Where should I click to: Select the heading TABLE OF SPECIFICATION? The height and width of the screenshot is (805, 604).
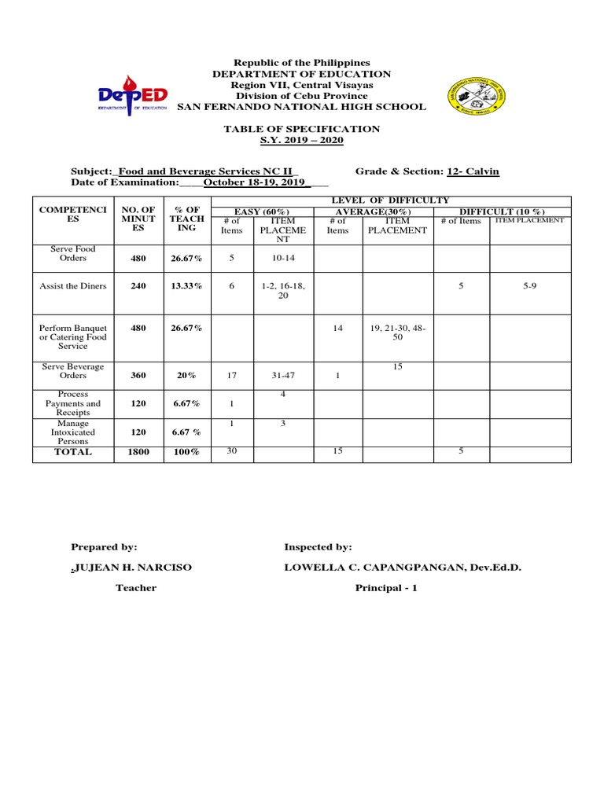pos(302,129)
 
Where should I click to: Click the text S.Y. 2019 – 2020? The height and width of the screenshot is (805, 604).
pos(302,140)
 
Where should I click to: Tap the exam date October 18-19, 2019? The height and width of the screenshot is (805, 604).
pos(255,182)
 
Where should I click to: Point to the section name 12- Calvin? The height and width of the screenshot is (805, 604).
pos(473,171)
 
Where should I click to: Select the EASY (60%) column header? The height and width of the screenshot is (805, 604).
pos(263,211)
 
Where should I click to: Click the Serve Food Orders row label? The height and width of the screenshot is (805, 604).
pos(73,253)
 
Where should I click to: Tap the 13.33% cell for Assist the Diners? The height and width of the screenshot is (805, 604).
pos(186,287)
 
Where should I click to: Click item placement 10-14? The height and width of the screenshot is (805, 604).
pos(283,258)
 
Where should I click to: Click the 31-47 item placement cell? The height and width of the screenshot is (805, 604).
pos(283,376)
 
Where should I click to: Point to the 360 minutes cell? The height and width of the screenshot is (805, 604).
pos(138,376)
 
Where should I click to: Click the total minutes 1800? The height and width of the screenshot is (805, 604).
pos(138,453)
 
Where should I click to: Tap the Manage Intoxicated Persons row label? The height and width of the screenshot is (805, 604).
pos(73,432)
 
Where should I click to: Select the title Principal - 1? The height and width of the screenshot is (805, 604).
pos(386,588)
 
